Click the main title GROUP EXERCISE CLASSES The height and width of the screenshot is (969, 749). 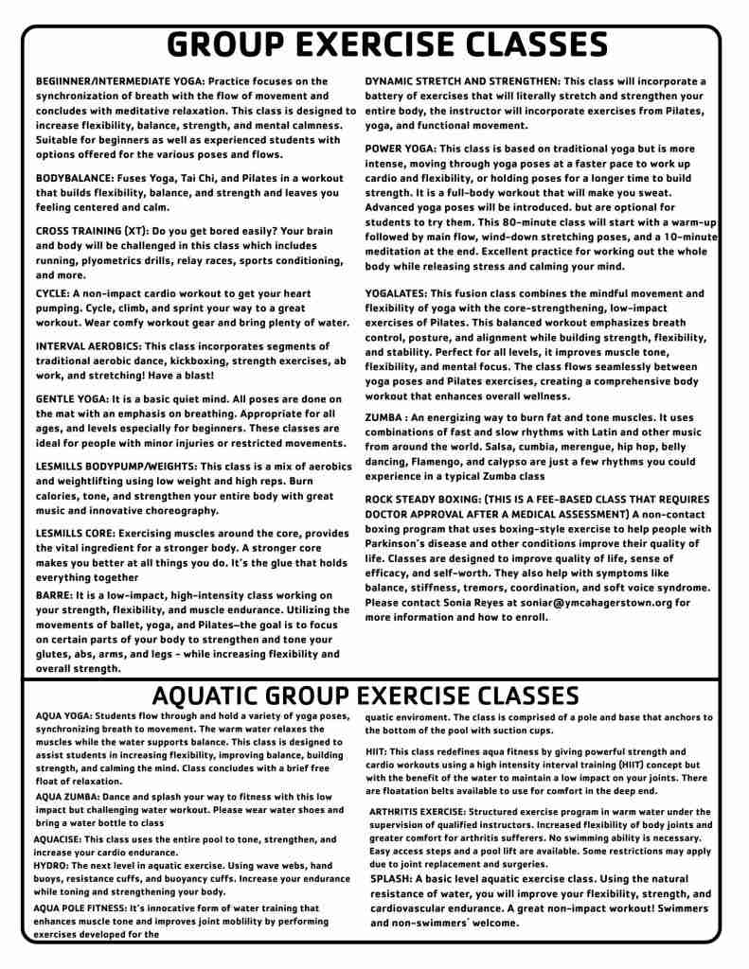click(387, 45)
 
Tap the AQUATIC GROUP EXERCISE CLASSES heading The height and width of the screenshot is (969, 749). click(366, 696)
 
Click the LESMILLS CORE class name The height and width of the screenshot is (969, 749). click(80, 534)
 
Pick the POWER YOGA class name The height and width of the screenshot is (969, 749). click(400, 149)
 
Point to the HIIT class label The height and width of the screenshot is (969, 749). click(376, 751)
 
